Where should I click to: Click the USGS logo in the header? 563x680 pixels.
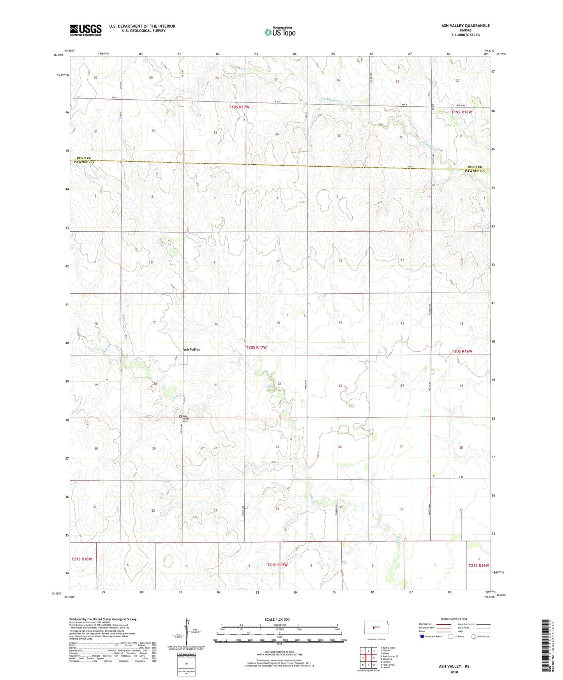pyautogui.click(x=86, y=30)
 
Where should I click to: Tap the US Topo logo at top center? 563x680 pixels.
pyautogui.click(x=280, y=32)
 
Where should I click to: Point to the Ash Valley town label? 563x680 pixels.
pyautogui.click(x=191, y=349)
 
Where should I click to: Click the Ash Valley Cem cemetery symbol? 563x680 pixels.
pyautogui.click(x=180, y=416)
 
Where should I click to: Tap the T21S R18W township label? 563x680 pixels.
pyautogui.click(x=82, y=559)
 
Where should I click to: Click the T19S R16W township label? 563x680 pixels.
pyautogui.click(x=461, y=112)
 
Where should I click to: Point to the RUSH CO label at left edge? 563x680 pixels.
pyautogui.click(x=84, y=158)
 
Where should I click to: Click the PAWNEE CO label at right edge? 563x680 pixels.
pyautogui.click(x=475, y=171)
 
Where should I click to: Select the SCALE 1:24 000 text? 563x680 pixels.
pyautogui.click(x=277, y=619)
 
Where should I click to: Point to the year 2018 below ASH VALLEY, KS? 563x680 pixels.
pyautogui.click(x=454, y=672)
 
